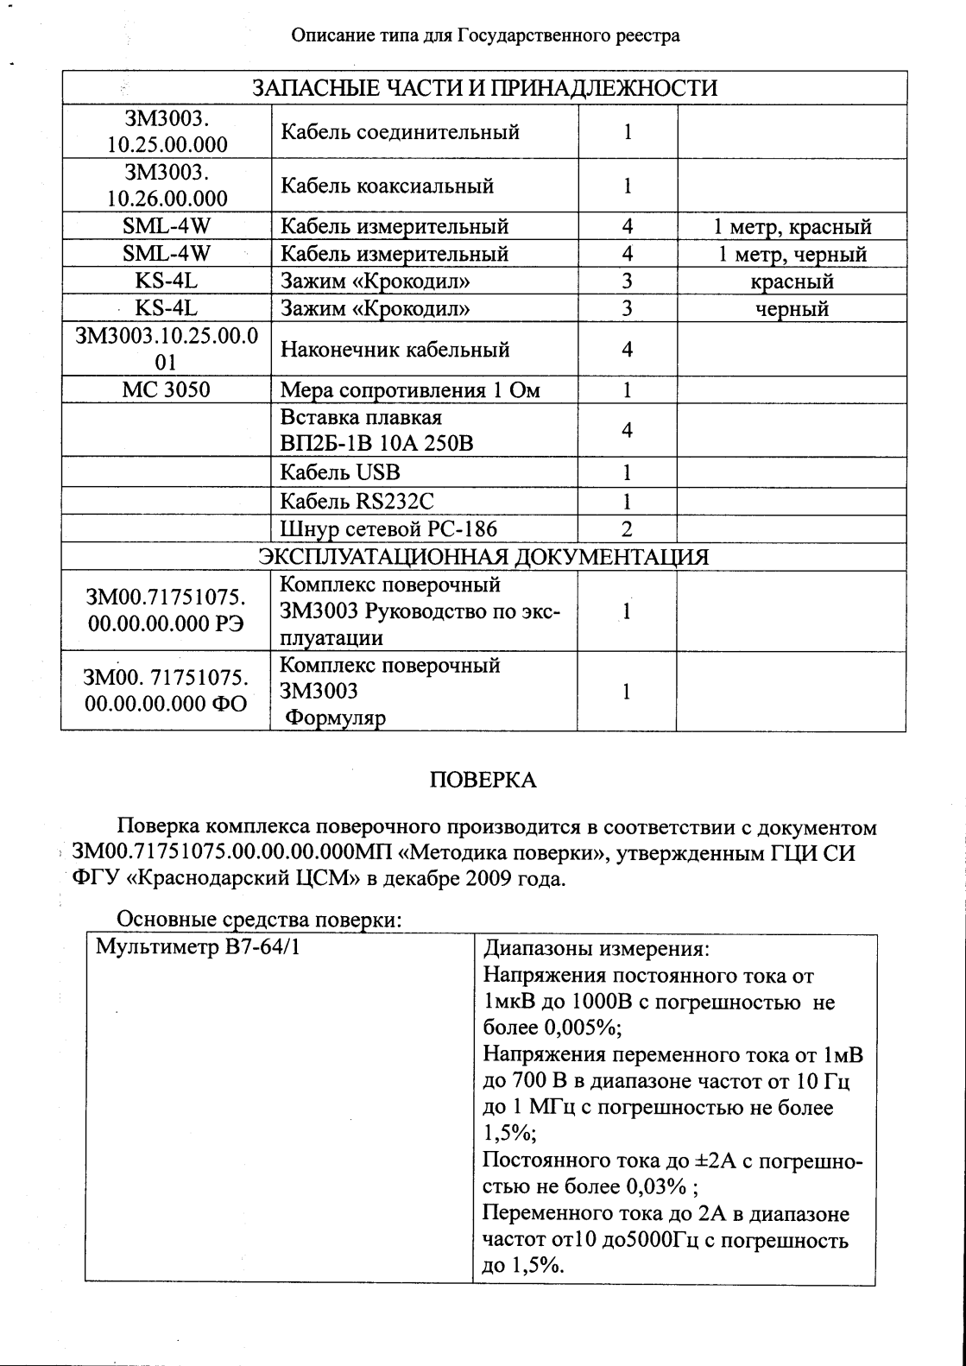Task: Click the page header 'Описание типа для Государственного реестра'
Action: click(x=485, y=35)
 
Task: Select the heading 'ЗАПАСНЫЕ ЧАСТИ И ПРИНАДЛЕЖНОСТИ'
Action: click(x=483, y=88)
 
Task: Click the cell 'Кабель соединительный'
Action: click(x=400, y=132)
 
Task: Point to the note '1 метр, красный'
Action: click(x=792, y=227)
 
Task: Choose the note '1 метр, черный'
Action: click(x=792, y=255)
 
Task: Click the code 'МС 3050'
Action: click(x=166, y=389)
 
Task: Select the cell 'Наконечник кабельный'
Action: click(x=395, y=350)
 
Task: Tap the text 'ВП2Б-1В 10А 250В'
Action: click(x=377, y=444)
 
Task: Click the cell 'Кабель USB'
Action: click(x=340, y=472)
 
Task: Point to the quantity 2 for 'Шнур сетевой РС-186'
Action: click(x=627, y=529)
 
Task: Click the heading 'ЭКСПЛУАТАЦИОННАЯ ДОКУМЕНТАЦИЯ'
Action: click(x=483, y=557)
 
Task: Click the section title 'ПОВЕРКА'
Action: click(x=483, y=781)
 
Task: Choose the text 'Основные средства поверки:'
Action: click(x=259, y=920)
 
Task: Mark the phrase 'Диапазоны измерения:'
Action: click(x=596, y=949)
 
